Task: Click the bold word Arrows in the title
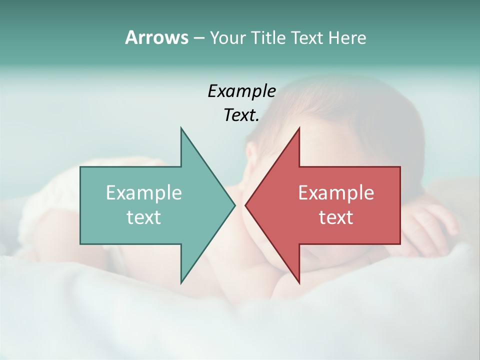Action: tap(156, 37)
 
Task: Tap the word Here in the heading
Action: tap(347, 38)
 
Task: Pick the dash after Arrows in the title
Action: tap(198, 38)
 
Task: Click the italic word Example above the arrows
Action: tap(241, 91)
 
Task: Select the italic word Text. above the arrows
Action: tap(241, 115)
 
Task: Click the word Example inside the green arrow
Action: tap(143, 193)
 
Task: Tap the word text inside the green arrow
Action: tap(143, 217)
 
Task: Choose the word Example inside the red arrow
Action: tap(336, 193)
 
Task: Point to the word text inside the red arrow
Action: tap(336, 217)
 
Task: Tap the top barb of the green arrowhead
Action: tap(182, 132)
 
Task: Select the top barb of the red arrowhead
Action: tap(297, 132)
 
